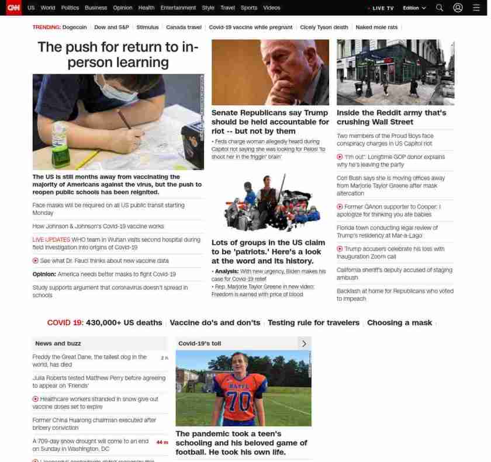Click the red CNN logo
click(13, 8)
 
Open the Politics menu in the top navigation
click(70, 8)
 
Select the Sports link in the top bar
click(249, 8)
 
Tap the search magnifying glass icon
click(440, 8)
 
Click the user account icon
click(458, 8)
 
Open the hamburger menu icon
click(476, 8)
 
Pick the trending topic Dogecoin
click(74, 27)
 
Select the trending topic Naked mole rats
click(376, 27)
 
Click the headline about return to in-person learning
click(118, 55)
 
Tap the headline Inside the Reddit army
click(391, 117)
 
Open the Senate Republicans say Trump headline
click(270, 121)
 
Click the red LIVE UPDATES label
click(51, 240)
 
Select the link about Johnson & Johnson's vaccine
click(98, 227)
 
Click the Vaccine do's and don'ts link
click(215, 323)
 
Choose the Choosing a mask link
click(399, 323)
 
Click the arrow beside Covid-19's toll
click(304, 343)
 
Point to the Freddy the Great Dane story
click(89, 360)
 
